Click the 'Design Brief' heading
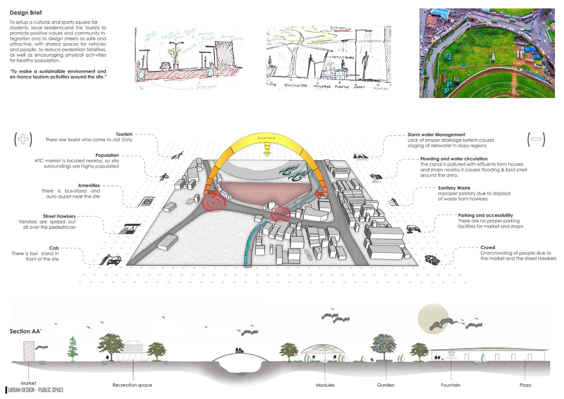[26, 13]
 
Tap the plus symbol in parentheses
[23, 139]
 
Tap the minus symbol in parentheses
[536, 139]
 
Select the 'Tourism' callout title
[124, 134]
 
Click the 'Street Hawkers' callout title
[59, 216]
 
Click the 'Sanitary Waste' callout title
[454, 188]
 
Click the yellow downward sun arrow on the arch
[266, 150]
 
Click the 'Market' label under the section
[28, 383]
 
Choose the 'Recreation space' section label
[132, 385]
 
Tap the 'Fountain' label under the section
[450, 385]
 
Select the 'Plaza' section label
[525, 385]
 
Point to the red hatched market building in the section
[29, 352]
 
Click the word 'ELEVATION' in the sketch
[340, 29]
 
